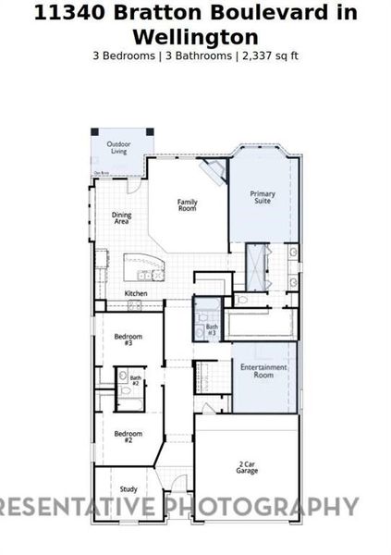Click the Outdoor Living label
(x=117, y=147)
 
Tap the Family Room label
(x=188, y=205)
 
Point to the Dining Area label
(x=122, y=218)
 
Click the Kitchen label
(x=136, y=294)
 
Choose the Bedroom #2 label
(x=128, y=436)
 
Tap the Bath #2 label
(x=136, y=379)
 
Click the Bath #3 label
(x=212, y=329)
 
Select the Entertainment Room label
(x=263, y=371)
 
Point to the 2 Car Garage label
(x=248, y=467)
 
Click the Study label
(x=128, y=489)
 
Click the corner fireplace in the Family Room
(x=214, y=171)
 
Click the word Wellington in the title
(x=195, y=37)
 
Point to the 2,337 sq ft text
(x=271, y=55)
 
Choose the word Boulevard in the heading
(x=267, y=13)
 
